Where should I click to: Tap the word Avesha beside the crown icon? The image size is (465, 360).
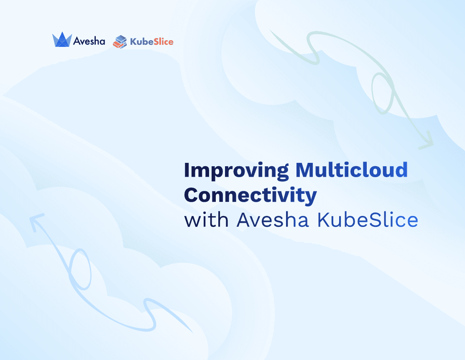tap(89, 41)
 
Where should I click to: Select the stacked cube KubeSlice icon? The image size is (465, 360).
tap(120, 42)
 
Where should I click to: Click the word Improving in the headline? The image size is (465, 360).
tap(236, 171)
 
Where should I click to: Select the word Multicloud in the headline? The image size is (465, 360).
tap(352, 170)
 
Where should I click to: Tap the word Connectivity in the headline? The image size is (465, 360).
tap(250, 196)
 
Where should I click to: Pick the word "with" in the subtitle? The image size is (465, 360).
tap(207, 220)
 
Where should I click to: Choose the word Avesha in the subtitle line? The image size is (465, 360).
tap(273, 220)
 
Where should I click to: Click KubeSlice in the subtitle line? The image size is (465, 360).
tap(368, 220)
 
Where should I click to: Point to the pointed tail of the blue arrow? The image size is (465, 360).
tap(193, 332)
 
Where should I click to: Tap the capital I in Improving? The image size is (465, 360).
tap(187, 170)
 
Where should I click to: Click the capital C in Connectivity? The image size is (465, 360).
tap(191, 195)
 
